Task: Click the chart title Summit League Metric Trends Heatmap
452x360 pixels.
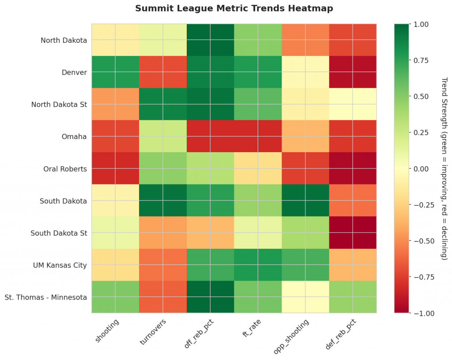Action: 234,8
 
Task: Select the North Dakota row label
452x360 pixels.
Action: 64,40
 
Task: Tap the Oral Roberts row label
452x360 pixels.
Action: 66,169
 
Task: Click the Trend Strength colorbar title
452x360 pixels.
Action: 444,169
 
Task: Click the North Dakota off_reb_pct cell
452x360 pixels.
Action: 210,40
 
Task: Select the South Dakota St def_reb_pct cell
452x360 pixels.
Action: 353,232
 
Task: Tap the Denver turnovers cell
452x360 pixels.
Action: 163,72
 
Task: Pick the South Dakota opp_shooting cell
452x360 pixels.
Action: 305,201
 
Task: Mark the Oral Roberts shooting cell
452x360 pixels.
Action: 115,169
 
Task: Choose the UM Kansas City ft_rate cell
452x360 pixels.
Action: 258,265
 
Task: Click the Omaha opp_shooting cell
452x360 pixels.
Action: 305,136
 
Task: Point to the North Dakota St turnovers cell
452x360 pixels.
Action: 163,104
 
